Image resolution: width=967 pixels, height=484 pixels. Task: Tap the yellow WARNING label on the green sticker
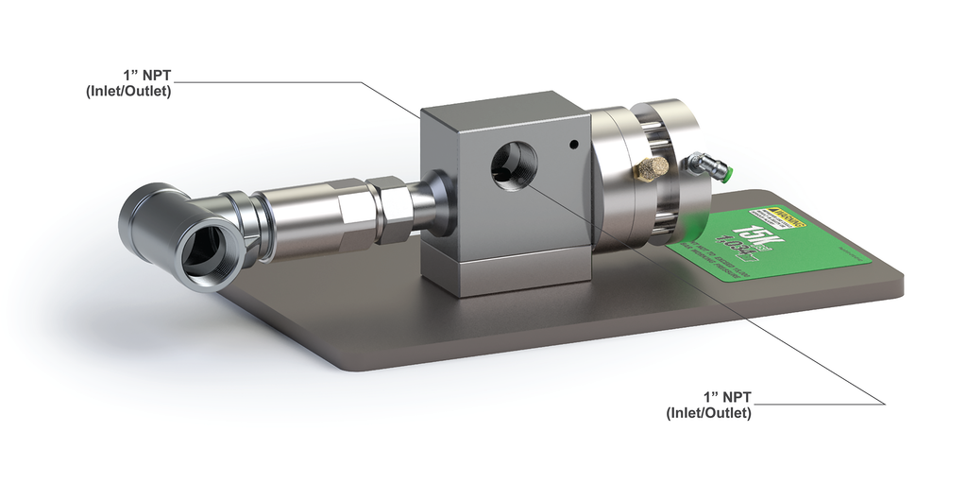tap(779, 219)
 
